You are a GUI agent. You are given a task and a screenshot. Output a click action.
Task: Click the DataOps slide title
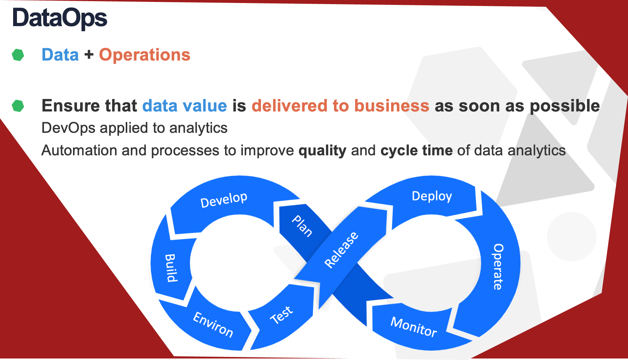tap(60, 18)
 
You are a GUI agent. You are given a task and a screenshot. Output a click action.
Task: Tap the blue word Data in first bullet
tap(60, 55)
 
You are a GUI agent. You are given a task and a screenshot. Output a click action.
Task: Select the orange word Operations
tap(145, 55)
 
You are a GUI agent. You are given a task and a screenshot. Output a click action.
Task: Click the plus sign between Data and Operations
tap(89, 54)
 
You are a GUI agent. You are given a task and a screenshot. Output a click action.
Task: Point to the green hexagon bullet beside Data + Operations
tap(18, 55)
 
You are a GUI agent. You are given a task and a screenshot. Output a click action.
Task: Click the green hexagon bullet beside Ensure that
tap(18, 106)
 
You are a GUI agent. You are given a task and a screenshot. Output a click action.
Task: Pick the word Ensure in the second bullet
tap(70, 106)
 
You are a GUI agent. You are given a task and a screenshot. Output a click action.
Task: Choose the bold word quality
tap(322, 151)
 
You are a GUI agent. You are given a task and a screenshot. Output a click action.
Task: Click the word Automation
tap(79, 150)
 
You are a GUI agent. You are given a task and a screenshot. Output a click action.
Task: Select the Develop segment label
tap(224, 200)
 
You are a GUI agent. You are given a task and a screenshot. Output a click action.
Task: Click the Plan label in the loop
tap(302, 226)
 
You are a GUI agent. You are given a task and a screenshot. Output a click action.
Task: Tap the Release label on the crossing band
tap(341, 250)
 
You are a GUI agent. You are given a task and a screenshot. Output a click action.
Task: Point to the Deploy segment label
tap(432, 196)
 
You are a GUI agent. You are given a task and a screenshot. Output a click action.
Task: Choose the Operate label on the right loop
tap(498, 267)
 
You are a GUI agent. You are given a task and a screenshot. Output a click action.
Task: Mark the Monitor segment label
tap(414, 326)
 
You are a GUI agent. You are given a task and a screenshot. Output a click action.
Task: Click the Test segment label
tap(282, 315)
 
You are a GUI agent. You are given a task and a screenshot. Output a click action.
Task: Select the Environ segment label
tap(213, 324)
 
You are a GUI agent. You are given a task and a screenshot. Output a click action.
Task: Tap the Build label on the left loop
tap(171, 268)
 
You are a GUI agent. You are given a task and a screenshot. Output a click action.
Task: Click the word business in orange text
tap(392, 106)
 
